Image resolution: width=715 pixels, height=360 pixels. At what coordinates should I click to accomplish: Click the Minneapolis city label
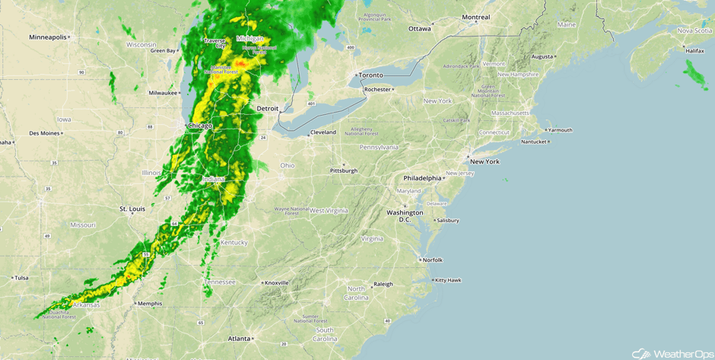point(47,37)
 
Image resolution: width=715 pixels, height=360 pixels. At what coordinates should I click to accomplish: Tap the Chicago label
point(200,125)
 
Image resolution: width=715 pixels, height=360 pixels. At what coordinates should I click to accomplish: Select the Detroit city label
point(267,109)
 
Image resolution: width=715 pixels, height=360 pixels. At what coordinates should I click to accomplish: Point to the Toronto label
point(371,75)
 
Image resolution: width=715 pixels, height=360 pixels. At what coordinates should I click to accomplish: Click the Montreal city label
point(476,18)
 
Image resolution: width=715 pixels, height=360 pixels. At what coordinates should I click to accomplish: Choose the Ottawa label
point(419,29)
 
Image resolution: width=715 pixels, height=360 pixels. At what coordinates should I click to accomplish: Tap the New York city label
point(485,161)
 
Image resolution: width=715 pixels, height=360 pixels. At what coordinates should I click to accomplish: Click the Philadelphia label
point(422,178)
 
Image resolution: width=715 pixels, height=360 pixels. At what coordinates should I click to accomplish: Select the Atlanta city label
point(239,339)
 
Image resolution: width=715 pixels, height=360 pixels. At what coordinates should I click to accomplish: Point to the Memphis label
point(149,304)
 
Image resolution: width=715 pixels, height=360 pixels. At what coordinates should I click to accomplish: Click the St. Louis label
point(132,209)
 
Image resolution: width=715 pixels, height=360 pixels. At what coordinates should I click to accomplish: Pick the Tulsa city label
point(21,278)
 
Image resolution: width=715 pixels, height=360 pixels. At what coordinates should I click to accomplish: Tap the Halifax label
point(694,50)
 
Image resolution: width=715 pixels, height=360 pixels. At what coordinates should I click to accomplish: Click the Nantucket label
point(533,142)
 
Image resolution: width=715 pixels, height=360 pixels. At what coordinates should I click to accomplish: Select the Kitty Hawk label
point(448,280)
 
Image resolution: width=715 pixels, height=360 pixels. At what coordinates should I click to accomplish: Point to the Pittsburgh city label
point(344,170)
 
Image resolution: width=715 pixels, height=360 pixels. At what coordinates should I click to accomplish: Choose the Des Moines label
point(44,133)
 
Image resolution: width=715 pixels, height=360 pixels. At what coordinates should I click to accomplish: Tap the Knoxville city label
point(276,282)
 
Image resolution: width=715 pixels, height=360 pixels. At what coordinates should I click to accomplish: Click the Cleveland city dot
point(308,135)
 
